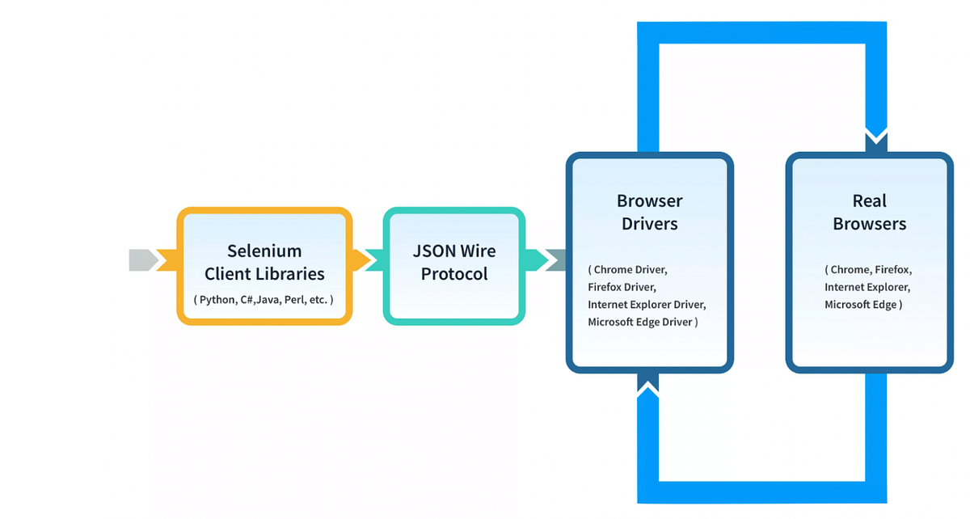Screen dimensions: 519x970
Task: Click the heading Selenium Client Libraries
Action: pyautogui.click(x=264, y=262)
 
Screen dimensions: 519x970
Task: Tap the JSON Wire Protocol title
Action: pyautogui.click(x=454, y=262)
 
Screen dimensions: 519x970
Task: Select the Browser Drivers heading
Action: pyautogui.click(x=649, y=212)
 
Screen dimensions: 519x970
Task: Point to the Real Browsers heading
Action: pyautogui.click(x=869, y=212)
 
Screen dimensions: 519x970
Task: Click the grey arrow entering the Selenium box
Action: pyautogui.click(x=144, y=260)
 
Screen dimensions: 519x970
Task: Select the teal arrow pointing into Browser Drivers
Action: pyautogui.click(x=556, y=260)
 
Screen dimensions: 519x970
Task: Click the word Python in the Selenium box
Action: pyautogui.click(x=217, y=300)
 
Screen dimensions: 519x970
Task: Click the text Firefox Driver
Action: pyautogui.click(x=622, y=287)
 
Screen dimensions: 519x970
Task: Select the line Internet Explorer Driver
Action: pyautogui.click(x=647, y=305)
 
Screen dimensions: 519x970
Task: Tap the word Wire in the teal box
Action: pyautogui.click(x=478, y=251)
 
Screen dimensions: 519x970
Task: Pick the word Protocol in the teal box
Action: pyautogui.click(x=454, y=274)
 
